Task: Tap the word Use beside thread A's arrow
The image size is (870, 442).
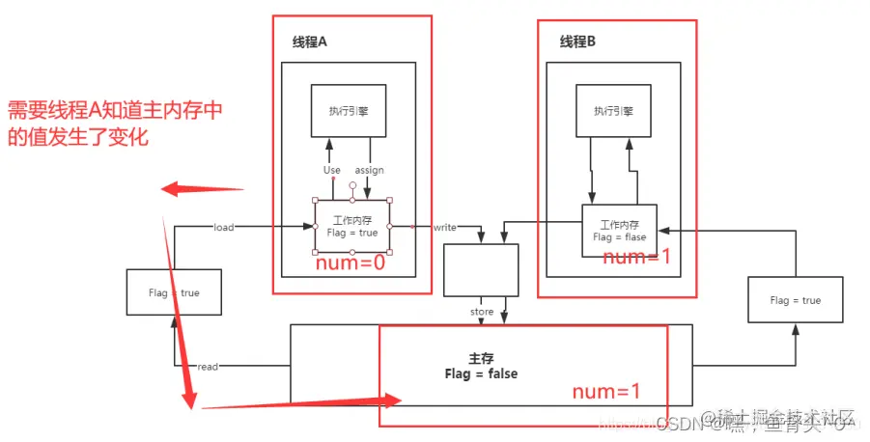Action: click(332, 170)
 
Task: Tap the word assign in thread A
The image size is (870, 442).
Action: click(369, 170)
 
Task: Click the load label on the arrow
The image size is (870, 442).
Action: click(224, 227)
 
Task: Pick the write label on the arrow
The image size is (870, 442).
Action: click(445, 227)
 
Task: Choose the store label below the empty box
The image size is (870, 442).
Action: click(481, 312)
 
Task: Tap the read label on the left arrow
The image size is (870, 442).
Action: click(208, 367)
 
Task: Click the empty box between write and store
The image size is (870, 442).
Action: click(481, 268)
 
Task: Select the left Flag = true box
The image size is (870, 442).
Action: click(175, 292)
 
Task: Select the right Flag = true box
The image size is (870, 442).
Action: click(795, 300)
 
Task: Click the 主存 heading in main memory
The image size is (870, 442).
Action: click(481, 357)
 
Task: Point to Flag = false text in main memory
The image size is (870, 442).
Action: click(481, 373)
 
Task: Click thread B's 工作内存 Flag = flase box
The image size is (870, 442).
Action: click(619, 230)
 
